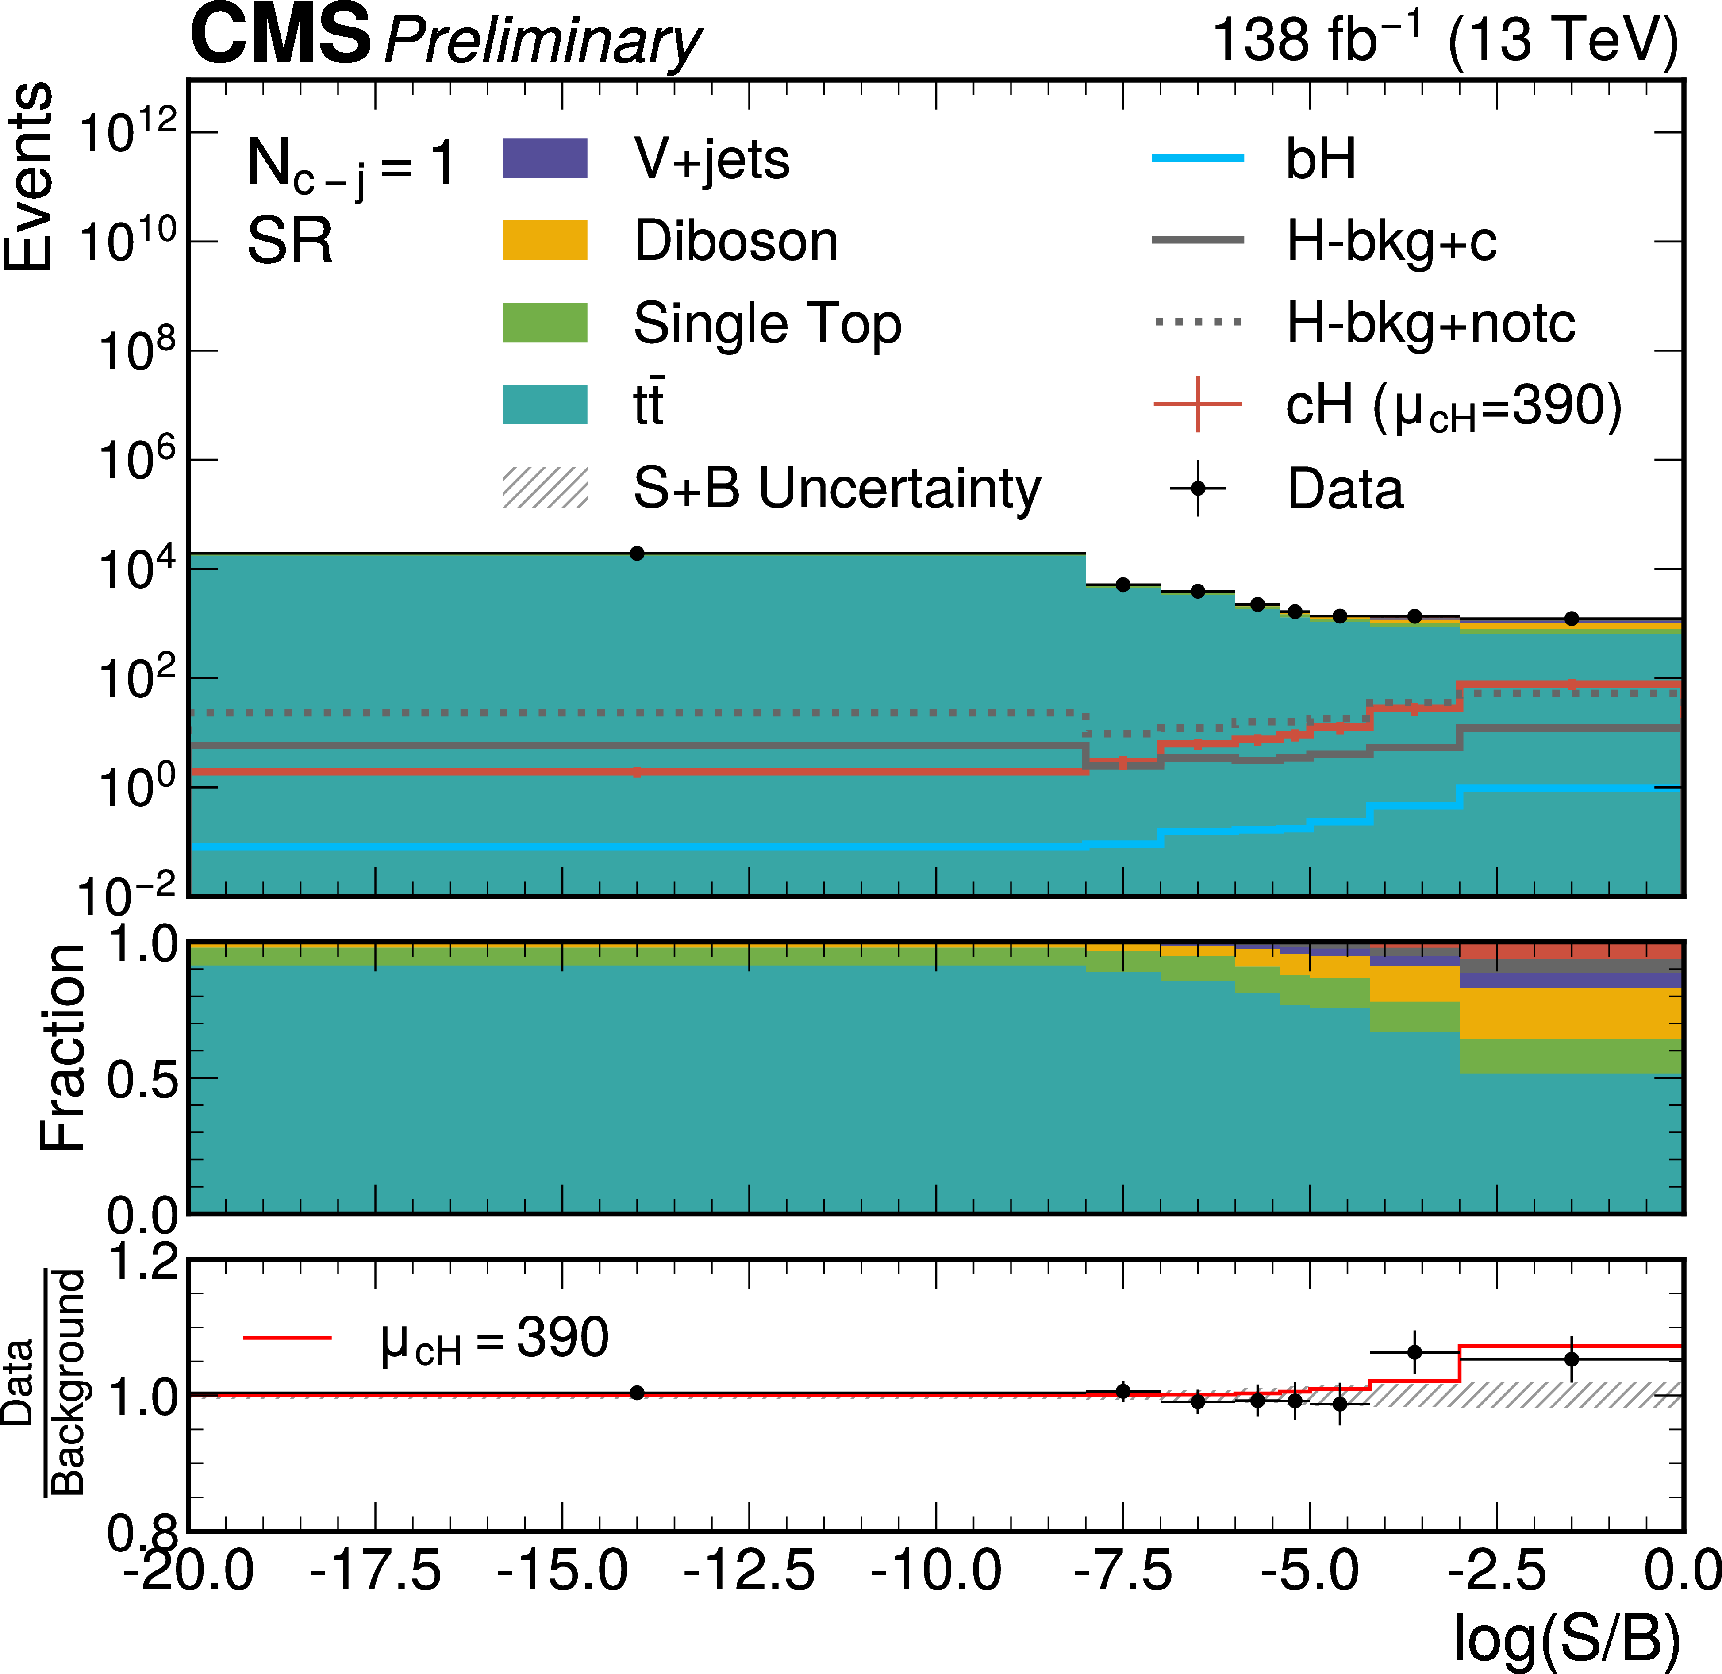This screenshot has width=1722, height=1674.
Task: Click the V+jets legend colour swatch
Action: click(x=544, y=158)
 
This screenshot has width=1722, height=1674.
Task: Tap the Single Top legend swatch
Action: click(x=544, y=323)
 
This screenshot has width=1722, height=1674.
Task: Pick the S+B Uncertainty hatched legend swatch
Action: click(x=544, y=487)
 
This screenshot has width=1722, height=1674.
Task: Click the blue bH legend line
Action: click(x=1197, y=158)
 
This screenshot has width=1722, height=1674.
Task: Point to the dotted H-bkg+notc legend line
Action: click(x=1197, y=323)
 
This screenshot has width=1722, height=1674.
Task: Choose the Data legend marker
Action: click(x=1197, y=487)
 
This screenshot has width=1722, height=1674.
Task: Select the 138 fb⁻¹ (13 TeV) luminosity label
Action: click(x=1444, y=39)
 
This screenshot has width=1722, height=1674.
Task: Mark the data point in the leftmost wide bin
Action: click(x=637, y=553)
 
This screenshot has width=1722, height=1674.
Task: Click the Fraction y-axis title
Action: click(x=63, y=1048)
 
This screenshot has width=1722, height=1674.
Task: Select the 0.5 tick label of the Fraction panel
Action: click(x=141, y=1079)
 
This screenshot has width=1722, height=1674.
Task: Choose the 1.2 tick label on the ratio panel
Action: click(x=142, y=1263)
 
